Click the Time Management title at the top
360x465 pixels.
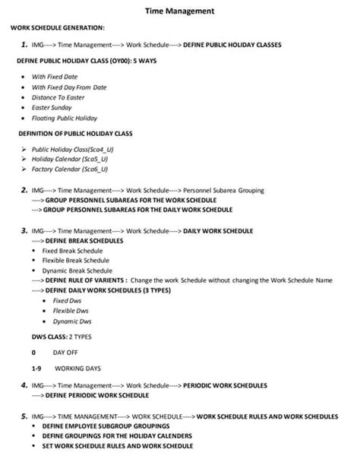click(179, 11)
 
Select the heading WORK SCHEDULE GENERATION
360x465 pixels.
click(57, 28)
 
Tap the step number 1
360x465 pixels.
click(25, 45)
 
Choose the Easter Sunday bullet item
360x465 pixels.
click(52, 108)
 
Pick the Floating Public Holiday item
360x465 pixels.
click(65, 118)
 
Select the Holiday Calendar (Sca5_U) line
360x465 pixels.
click(64, 160)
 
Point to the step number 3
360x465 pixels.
click(25, 229)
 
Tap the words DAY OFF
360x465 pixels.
click(65, 353)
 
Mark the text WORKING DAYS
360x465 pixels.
click(77, 369)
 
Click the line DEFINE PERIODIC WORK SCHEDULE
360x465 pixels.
click(90, 395)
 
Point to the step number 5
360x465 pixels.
click(25, 416)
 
